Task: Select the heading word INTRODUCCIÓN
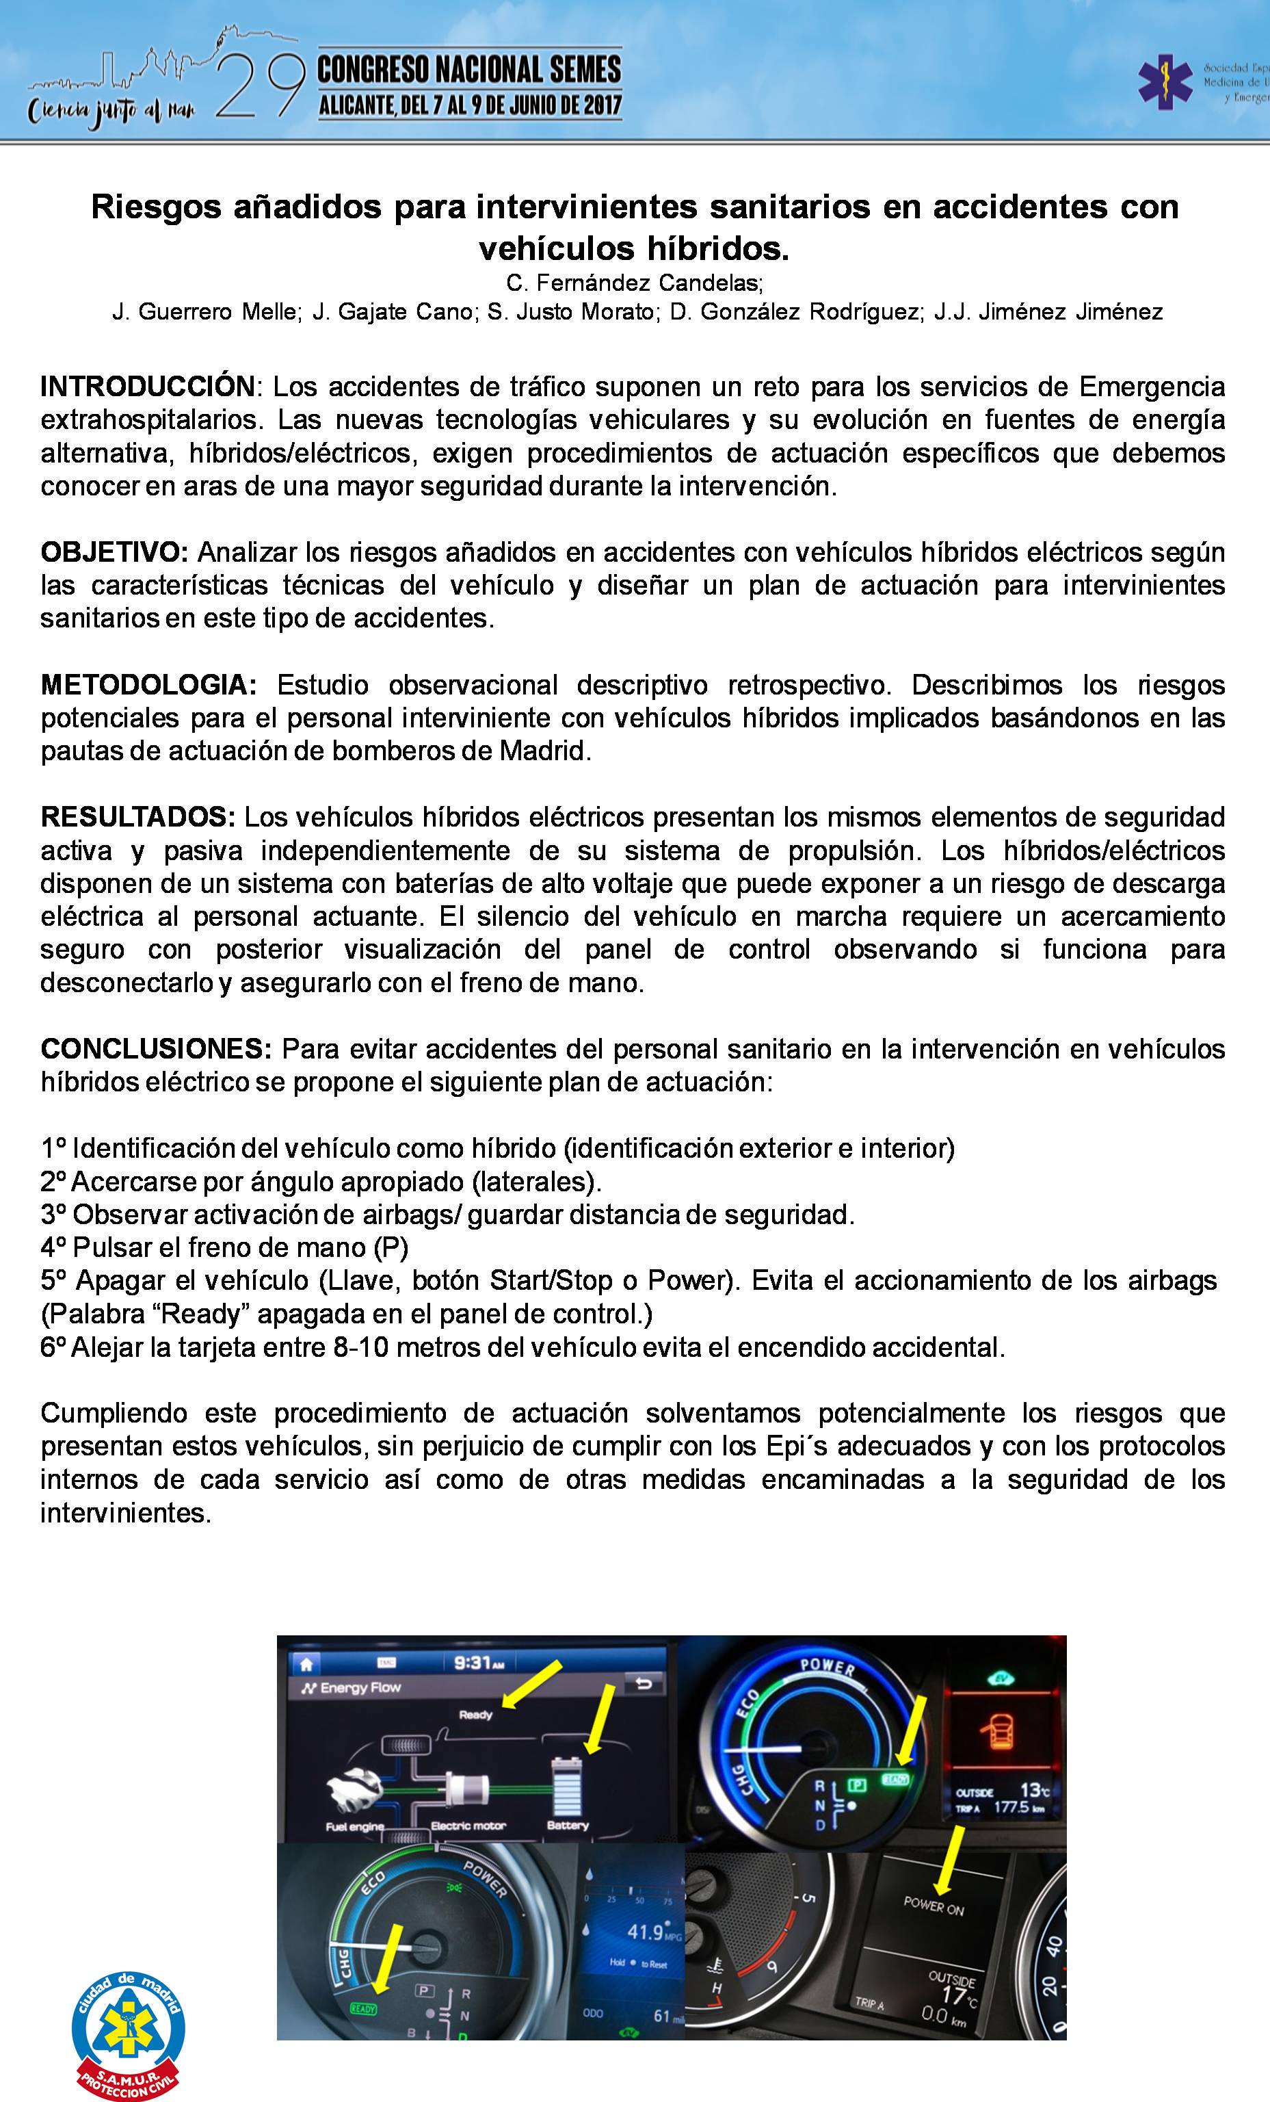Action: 147,387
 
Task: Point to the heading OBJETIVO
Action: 114,552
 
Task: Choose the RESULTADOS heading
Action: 137,816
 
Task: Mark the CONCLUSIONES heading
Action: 156,1048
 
